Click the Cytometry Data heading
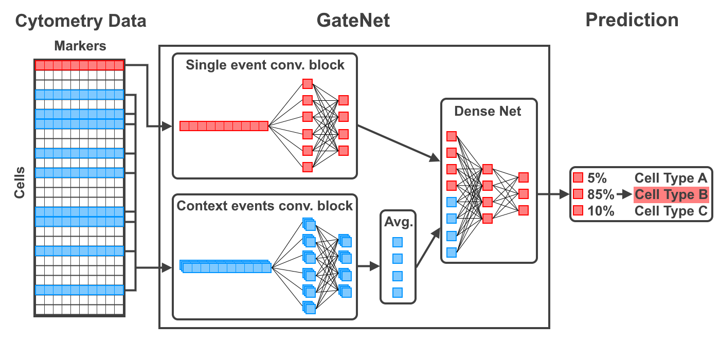pyautogui.click(x=81, y=21)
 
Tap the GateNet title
pyautogui.click(x=353, y=21)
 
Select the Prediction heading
pyautogui.click(x=632, y=21)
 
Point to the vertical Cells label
pyautogui.click(x=20, y=182)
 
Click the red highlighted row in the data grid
pyautogui.click(x=79, y=65)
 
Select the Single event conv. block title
pyautogui.click(x=265, y=65)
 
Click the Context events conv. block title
pyautogui.click(x=265, y=206)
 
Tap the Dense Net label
pyautogui.click(x=488, y=112)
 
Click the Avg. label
pyautogui.click(x=397, y=223)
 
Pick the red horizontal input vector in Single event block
pyautogui.click(x=224, y=126)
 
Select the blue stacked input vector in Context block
pyautogui.click(x=225, y=267)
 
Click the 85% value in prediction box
pyautogui.click(x=601, y=195)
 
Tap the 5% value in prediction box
pyautogui.click(x=597, y=178)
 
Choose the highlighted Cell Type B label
pyautogui.click(x=671, y=195)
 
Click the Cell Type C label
pyautogui.click(x=671, y=211)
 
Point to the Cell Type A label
pyautogui.click(x=671, y=178)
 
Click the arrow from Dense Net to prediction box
pyautogui.click(x=553, y=195)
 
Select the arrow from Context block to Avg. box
pyautogui.click(x=368, y=266)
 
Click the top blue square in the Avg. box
pyautogui.click(x=397, y=242)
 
